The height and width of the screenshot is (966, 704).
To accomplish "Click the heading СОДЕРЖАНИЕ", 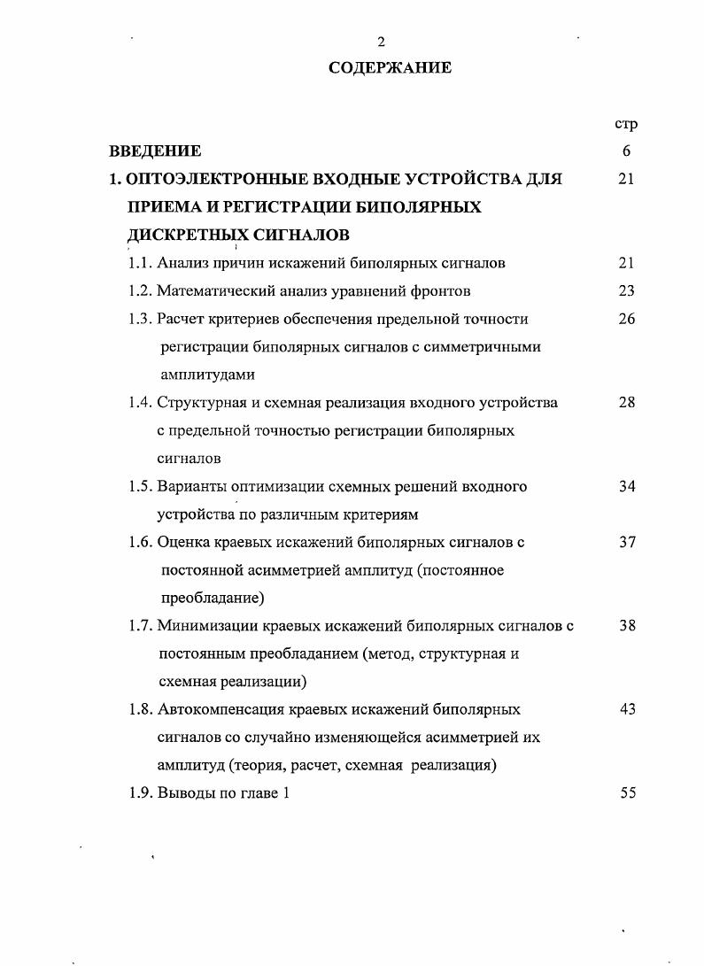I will [390, 67].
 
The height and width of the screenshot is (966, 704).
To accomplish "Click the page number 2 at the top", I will [381, 42].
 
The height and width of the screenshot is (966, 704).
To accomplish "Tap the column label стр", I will [626, 123].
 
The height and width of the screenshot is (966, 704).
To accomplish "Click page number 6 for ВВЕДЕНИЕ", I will [626, 151].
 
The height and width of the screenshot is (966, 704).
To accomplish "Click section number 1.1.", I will [140, 263].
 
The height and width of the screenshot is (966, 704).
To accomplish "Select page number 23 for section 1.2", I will [626, 290].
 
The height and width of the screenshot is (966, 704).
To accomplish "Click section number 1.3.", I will [140, 319].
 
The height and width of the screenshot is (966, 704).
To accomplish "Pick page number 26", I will [626, 319].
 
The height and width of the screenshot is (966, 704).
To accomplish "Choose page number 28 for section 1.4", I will [626, 403].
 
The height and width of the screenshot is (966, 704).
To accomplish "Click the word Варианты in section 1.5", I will [188, 486].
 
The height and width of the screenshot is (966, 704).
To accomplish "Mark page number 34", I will [626, 486].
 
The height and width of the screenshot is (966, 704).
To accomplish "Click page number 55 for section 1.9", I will [626, 793].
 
